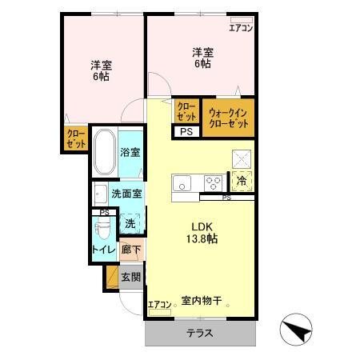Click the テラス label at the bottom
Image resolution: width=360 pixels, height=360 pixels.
pyautogui.click(x=200, y=333)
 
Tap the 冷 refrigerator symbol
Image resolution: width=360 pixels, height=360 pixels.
pyautogui.click(x=241, y=181)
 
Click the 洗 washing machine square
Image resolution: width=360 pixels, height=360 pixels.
pyautogui.click(x=130, y=224)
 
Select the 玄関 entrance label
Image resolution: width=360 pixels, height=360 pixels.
pyautogui.click(x=131, y=278)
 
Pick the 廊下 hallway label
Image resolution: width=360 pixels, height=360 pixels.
pyautogui.click(x=131, y=250)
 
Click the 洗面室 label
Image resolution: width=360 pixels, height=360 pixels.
pyautogui.click(x=126, y=194)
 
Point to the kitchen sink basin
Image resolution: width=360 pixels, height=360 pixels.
pyautogui.click(x=182, y=181)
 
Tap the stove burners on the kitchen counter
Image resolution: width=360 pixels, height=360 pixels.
pyautogui.click(x=212, y=180)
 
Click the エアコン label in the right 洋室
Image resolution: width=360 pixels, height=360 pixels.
pyautogui.click(x=241, y=28)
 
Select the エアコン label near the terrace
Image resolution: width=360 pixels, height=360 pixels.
pyautogui.click(x=159, y=305)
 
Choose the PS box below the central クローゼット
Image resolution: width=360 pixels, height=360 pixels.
pyautogui.click(x=186, y=132)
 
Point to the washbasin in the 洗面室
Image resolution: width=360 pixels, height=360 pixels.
pyautogui.click(x=100, y=194)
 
